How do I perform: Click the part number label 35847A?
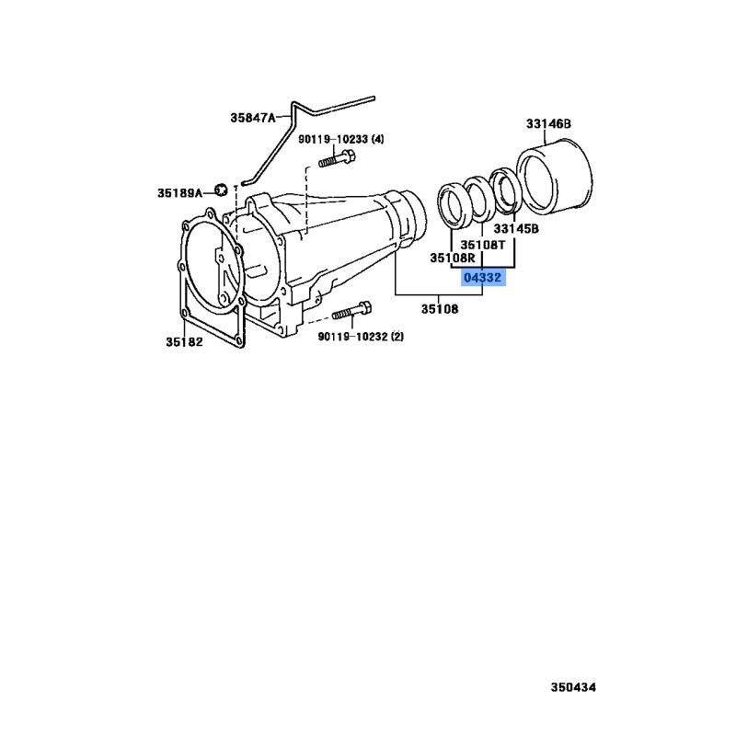click(x=252, y=118)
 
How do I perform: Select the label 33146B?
click(x=549, y=123)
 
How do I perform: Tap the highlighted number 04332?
click(x=483, y=278)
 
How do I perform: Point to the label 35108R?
click(x=451, y=259)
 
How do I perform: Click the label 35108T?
click(x=483, y=245)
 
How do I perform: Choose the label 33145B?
click(x=515, y=228)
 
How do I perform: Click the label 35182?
click(x=184, y=341)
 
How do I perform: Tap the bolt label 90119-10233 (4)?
click(x=340, y=139)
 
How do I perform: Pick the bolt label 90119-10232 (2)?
click(x=361, y=337)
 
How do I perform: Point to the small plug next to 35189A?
click(x=221, y=190)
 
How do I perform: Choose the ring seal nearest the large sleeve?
click(x=504, y=189)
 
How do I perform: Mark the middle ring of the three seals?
click(x=477, y=197)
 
